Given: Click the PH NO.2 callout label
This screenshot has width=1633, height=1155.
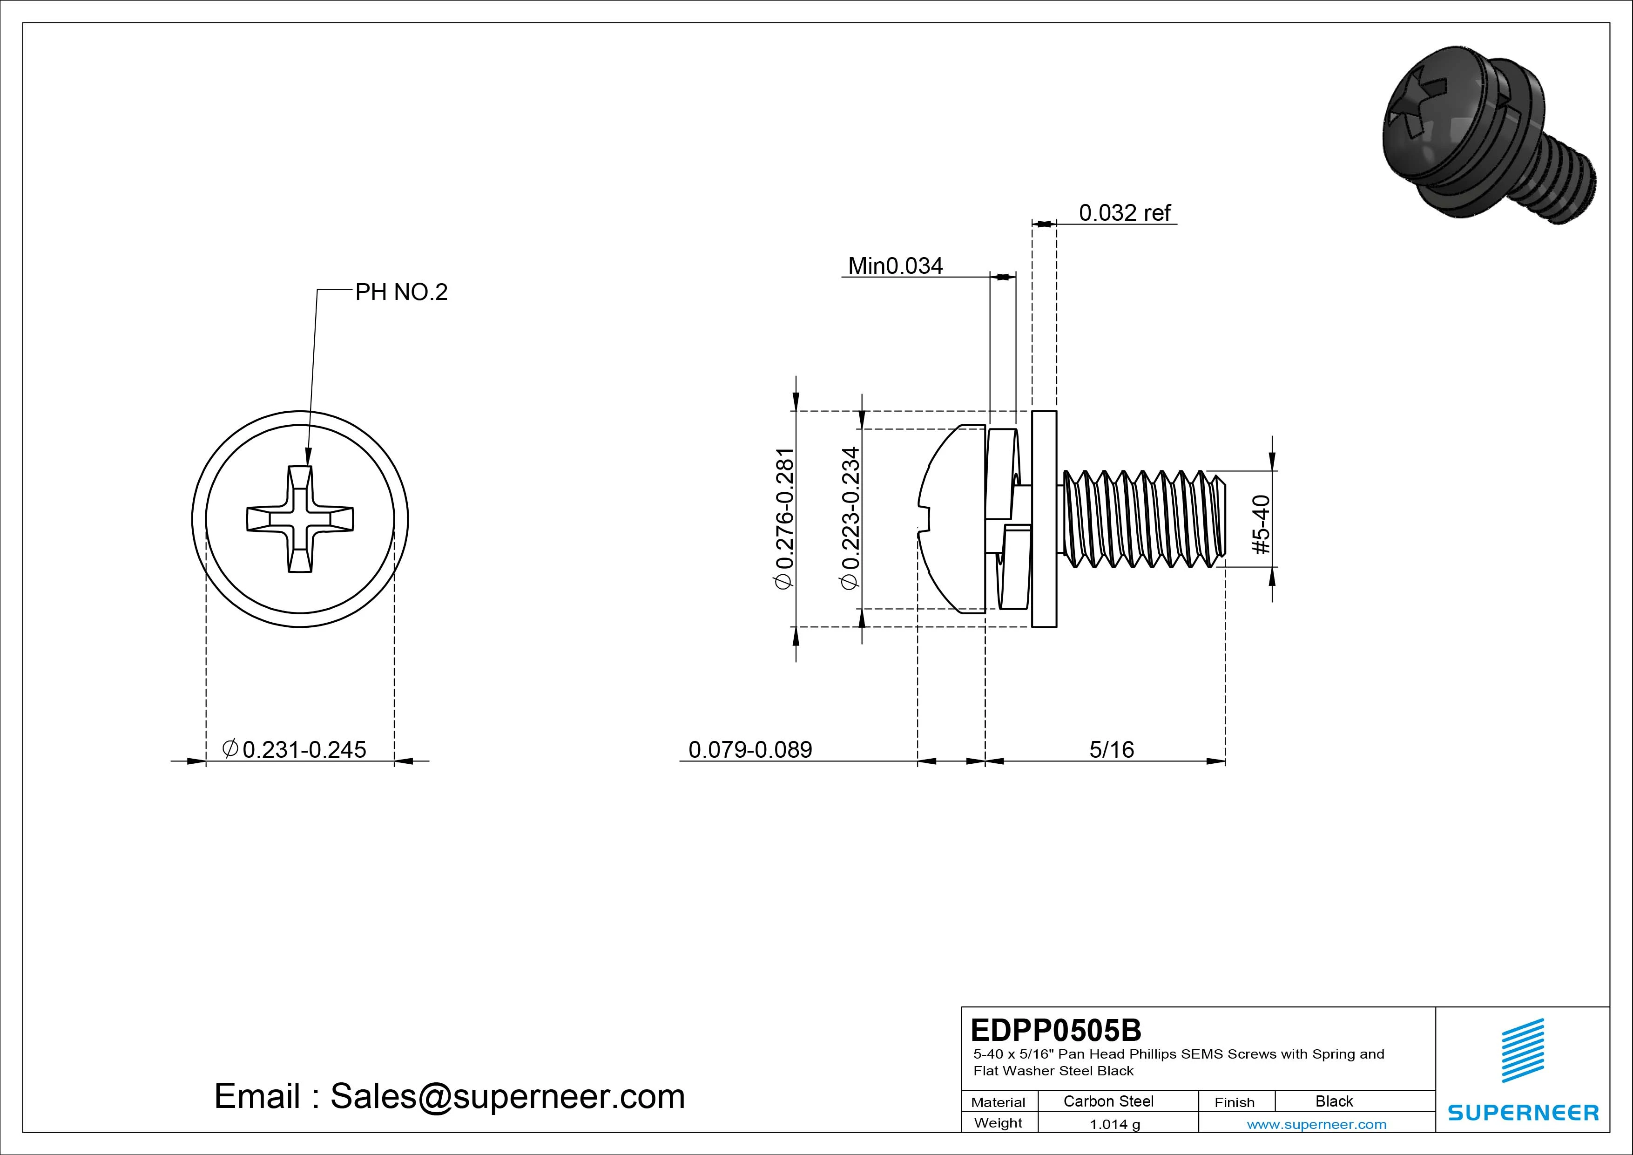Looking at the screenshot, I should (x=401, y=292).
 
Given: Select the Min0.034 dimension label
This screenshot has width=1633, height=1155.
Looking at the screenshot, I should (x=896, y=266).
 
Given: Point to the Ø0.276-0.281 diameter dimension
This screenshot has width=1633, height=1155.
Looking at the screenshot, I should (x=784, y=519).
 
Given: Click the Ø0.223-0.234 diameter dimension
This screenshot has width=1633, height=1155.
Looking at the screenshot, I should (x=850, y=519).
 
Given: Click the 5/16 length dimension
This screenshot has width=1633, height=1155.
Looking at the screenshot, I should (x=1111, y=749).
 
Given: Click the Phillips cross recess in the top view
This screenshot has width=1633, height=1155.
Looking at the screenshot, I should (x=300, y=519).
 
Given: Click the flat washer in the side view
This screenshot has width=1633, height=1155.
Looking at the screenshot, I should (x=1044, y=519).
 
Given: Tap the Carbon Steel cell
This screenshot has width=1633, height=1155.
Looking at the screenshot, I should (x=1108, y=1101).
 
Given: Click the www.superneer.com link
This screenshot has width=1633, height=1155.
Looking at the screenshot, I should (x=1316, y=1124).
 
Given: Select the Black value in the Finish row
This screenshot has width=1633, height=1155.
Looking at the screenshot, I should (x=1334, y=1101).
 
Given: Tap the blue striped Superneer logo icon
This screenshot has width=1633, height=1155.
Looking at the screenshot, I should (x=1522, y=1050).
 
